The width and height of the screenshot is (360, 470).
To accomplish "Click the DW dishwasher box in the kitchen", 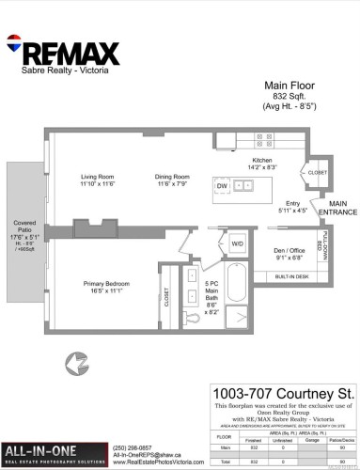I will point(222,187).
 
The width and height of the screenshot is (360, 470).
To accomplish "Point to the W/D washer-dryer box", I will point(238,243).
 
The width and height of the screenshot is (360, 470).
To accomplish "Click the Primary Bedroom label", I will point(104,288).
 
